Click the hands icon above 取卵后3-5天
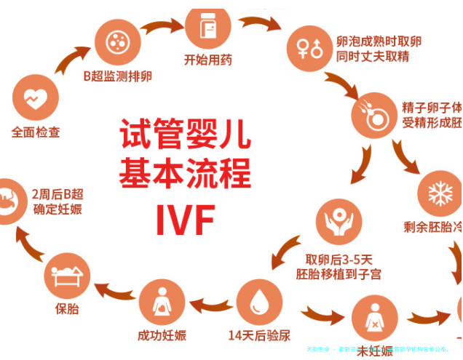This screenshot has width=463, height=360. coord(338,221)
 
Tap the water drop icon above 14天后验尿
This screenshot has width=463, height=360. coord(258,300)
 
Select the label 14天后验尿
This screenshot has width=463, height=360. coord(259,335)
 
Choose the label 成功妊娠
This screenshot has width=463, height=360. coord(162,335)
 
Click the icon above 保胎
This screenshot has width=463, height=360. coord(67,276)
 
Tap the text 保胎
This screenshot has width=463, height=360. coord(67,308)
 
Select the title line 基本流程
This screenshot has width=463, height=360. coord(185,175)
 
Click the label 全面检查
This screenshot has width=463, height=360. coord(36,133)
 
